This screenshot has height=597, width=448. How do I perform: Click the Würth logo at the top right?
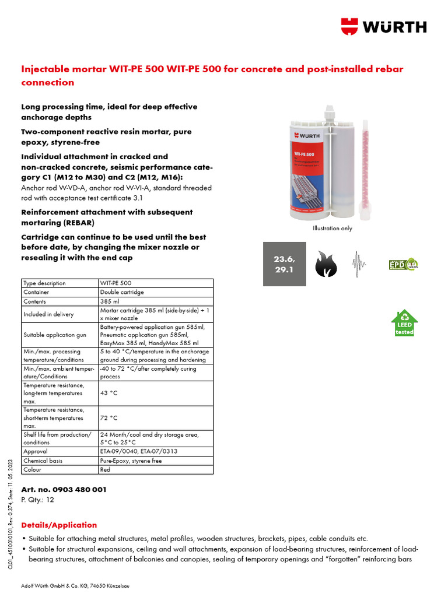[x=384, y=26]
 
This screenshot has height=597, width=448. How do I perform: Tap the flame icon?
[x=326, y=264]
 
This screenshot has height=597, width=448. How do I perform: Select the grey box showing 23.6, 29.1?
[x=284, y=264]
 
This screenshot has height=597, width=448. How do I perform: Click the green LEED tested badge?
[x=404, y=323]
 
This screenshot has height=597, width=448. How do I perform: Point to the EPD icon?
[x=403, y=264]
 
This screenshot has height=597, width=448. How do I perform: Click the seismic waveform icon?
[x=358, y=264]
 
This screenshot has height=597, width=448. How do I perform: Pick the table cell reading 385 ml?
[x=156, y=301]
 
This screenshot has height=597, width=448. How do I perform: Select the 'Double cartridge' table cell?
[x=156, y=292]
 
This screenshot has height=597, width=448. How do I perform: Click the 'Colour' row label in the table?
[x=60, y=469]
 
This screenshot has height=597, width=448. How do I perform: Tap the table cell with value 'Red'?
[x=156, y=469]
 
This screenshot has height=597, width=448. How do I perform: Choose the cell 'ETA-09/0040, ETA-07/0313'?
[x=156, y=451]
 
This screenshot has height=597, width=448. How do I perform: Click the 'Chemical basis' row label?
[x=60, y=461]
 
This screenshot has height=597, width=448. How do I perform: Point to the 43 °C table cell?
[x=156, y=394]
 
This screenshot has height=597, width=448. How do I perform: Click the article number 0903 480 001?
[x=64, y=490]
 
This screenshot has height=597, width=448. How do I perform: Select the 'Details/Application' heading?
[x=59, y=525]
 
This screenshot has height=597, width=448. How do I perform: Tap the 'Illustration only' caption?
[x=332, y=229]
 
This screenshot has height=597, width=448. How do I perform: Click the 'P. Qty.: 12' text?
[x=38, y=500]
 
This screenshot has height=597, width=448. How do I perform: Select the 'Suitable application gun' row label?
[x=60, y=335]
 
